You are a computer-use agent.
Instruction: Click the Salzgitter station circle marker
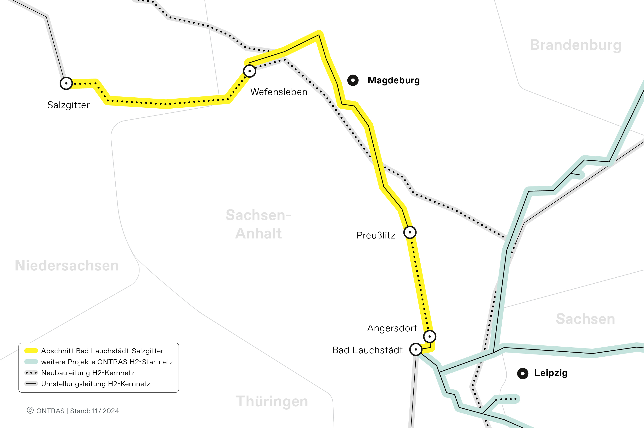pyautogui.click(x=66, y=83)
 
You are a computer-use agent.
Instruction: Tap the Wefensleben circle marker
pyautogui.click(x=249, y=71)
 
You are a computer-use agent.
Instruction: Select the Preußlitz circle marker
pyautogui.click(x=410, y=232)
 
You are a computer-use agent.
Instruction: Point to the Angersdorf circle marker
pyautogui.click(x=430, y=336)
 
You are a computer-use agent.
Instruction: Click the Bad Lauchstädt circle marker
pyautogui.click(x=416, y=349)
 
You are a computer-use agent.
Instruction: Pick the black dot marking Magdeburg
pyautogui.click(x=353, y=80)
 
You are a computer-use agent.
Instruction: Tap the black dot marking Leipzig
pyautogui.click(x=523, y=373)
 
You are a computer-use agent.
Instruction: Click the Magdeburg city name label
pyautogui.click(x=394, y=80)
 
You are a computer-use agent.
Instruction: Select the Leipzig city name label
pyautogui.click(x=551, y=373)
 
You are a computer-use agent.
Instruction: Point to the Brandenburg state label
pyautogui.click(x=576, y=45)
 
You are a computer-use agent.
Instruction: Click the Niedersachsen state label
pyautogui.click(x=67, y=266)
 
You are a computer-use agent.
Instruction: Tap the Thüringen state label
pyautogui.click(x=272, y=401)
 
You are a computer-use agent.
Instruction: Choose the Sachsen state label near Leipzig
pyautogui.click(x=585, y=319)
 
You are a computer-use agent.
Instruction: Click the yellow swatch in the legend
pyautogui.click(x=31, y=351)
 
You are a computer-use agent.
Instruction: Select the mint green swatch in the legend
pyautogui.click(x=31, y=362)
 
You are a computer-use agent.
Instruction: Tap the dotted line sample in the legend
pyautogui.click(x=31, y=373)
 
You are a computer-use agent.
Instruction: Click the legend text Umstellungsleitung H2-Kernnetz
pyautogui.click(x=95, y=384)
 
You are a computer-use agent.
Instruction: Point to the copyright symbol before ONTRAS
pyautogui.click(x=30, y=410)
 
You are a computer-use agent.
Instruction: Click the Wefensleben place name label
pyautogui.click(x=279, y=92)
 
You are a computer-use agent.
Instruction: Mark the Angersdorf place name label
pyautogui.click(x=392, y=328)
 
